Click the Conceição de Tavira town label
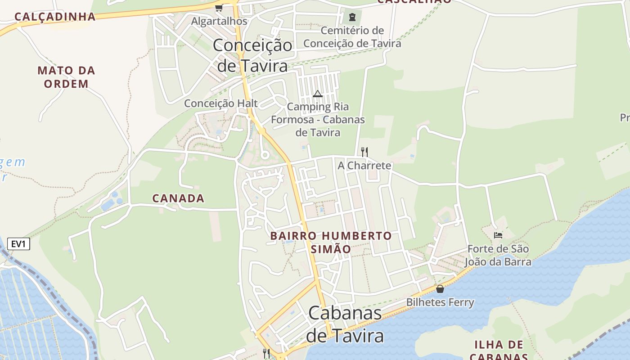(x=252, y=55)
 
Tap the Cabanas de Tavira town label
(x=345, y=324)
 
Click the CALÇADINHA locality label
(x=55, y=17)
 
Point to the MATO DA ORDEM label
(x=67, y=77)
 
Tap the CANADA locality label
(x=178, y=198)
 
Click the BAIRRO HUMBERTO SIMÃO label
(x=331, y=242)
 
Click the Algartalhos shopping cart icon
(x=219, y=8)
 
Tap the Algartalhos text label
(x=219, y=21)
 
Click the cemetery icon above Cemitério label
(x=352, y=18)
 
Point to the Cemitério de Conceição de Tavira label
(x=352, y=37)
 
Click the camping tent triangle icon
(x=318, y=94)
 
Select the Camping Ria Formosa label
(x=318, y=120)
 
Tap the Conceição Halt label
(x=220, y=103)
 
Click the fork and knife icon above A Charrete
(x=364, y=152)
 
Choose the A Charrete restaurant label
(x=364, y=166)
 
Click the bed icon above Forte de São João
(x=498, y=235)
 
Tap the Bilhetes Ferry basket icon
(x=440, y=289)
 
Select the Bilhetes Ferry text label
(x=440, y=302)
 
